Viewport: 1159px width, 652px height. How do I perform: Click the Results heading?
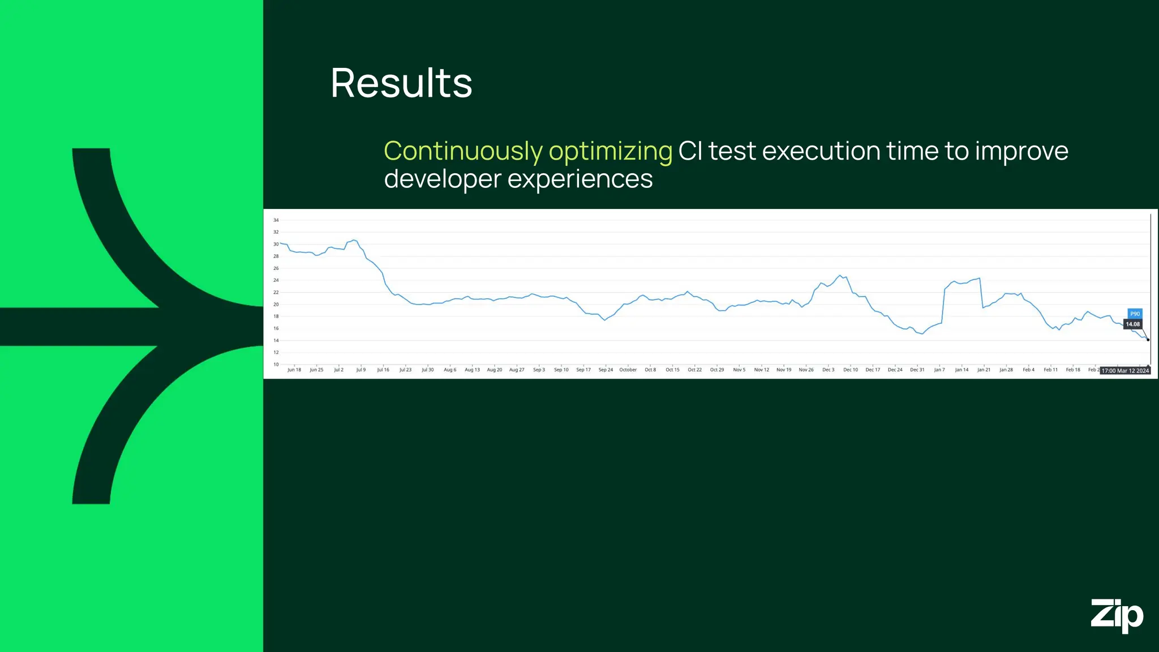tap(401, 83)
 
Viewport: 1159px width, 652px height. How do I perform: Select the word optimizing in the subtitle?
tap(610, 151)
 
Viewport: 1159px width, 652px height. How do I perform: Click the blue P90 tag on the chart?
tap(1135, 314)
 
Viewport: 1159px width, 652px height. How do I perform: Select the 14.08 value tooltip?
tap(1132, 324)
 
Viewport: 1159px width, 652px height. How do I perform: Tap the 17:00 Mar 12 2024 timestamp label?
tap(1124, 371)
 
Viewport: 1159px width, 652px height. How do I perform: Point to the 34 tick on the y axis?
tap(276, 220)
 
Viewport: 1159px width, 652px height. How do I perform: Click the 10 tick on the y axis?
tap(276, 364)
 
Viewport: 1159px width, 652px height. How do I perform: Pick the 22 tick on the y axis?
tap(276, 293)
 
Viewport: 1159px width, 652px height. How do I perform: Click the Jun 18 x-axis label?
tap(294, 370)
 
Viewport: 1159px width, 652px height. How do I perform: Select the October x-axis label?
tap(628, 370)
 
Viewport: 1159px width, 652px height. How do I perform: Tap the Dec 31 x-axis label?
tap(917, 370)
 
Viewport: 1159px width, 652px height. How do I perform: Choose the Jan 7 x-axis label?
tap(939, 370)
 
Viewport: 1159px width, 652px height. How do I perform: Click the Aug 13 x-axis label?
tap(472, 370)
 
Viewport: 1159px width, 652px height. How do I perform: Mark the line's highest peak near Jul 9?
tap(354, 240)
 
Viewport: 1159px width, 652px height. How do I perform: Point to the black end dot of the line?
tap(1148, 340)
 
